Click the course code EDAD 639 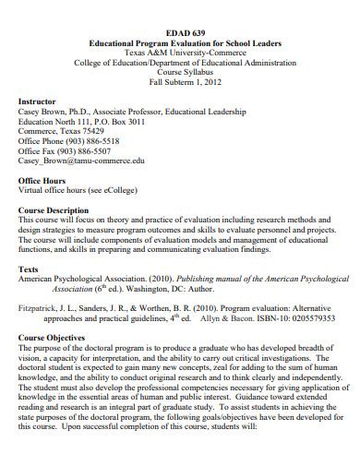(x=184, y=33)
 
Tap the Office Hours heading (x=42, y=179)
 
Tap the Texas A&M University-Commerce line (x=184, y=54)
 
